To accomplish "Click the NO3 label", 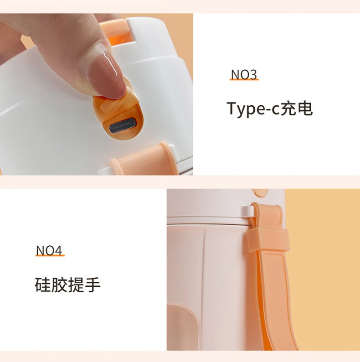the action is coord(244,74).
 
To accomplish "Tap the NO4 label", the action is coord(49,250).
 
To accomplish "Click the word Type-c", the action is coord(253,109).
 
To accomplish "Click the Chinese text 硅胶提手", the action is coord(67,284).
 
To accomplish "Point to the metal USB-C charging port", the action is coord(123,126).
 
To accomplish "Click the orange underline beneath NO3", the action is coord(244,79).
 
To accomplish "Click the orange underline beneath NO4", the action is coord(50,255).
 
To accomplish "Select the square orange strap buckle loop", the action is coord(268,240).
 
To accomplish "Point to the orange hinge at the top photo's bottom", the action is coord(144,160).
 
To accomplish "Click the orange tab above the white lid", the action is coord(114,31).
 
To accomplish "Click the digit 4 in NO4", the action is coord(58,250).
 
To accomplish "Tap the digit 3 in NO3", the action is coord(253,75).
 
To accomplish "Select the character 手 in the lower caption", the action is coord(93,284).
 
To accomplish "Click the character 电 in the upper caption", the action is coord(305,108).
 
